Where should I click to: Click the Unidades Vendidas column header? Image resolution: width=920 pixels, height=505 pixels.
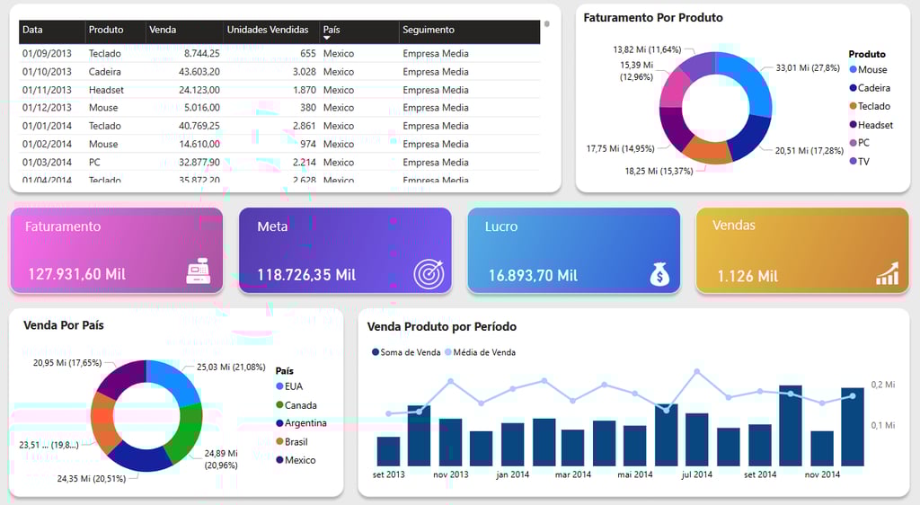pos(267,30)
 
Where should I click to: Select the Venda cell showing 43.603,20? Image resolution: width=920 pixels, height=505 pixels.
pos(187,72)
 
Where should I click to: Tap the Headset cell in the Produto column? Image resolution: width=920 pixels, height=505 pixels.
pos(106,90)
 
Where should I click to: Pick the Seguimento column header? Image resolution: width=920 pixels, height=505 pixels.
pos(429,30)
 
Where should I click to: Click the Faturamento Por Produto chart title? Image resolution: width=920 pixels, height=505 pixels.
pos(652,18)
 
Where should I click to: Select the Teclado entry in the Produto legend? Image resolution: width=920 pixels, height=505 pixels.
pos(873,106)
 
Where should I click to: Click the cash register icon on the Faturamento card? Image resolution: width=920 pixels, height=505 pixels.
pos(199,271)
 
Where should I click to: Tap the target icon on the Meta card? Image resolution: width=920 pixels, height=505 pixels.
pos(429,273)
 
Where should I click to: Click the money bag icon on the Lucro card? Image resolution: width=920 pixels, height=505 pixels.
pos(659,273)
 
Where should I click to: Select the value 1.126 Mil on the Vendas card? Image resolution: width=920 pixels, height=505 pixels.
pos(747,276)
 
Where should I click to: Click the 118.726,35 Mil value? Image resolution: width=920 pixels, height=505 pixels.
pos(306,275)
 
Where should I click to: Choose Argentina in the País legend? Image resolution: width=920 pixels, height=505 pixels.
pos(305,423)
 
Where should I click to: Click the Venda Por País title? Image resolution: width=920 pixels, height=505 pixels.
pos(63,325)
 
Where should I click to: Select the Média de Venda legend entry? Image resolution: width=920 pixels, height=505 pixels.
pos(484,352)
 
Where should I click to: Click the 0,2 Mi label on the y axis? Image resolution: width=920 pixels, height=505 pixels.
pos(883,385)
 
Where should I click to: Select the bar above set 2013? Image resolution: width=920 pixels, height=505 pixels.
pos(388,451)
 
